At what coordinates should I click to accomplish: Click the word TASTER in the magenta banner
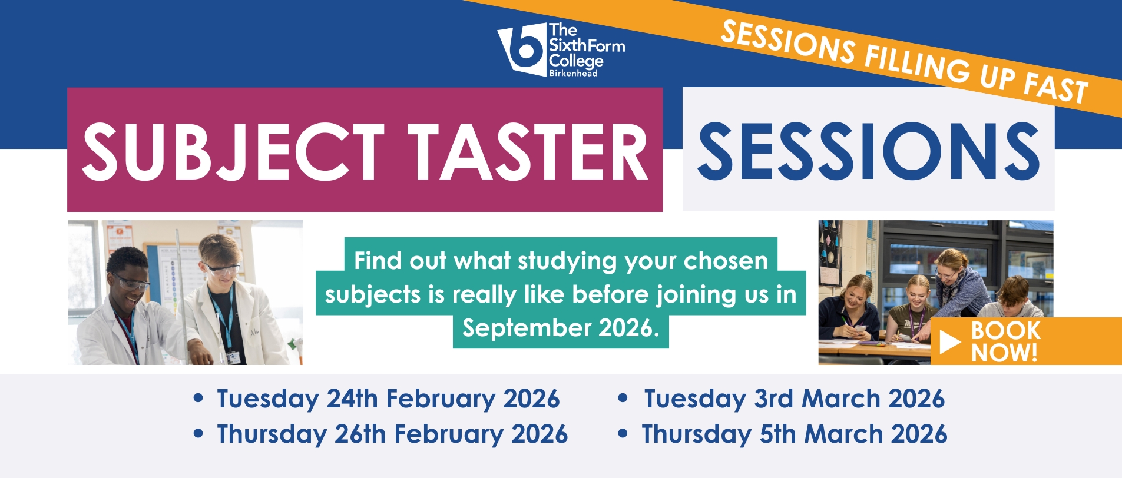coord(528,152)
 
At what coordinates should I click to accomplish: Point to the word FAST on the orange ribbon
coord(1055,89)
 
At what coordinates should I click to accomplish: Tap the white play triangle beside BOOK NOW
coord(950,342)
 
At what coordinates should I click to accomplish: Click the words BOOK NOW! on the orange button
coord(1005,341)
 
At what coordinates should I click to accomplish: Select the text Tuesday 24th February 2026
coord(388,399)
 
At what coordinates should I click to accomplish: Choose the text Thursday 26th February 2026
coord(392,434)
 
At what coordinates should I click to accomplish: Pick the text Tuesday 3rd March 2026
coord(794,399)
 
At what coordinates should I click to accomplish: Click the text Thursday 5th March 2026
coord(795,434)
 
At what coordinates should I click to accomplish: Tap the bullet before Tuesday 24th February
coord(198,399)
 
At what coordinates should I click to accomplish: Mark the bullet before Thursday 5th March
coord(623,434)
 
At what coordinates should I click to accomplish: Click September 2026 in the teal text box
coord(560,328)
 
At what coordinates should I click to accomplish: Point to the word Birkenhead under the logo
coord(573,73)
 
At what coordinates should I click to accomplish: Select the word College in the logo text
coord(576,61)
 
